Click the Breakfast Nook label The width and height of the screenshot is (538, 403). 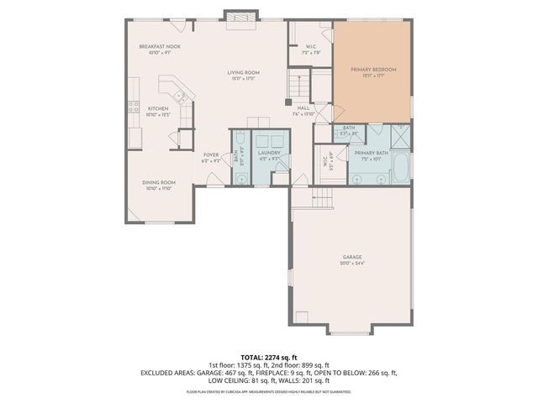coord(160,46)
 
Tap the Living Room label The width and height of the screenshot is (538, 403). coord(243,73)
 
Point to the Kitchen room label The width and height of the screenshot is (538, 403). coord(159,108)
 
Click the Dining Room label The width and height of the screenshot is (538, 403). coord(159,182)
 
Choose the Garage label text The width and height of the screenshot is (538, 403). coord(352,257)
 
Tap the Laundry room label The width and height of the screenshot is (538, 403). coord(269,153)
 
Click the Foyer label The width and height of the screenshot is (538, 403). coord(211,154)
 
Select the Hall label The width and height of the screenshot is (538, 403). coord(303,108)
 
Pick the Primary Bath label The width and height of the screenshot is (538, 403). coord(370,152)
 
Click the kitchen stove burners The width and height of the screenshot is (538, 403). coord(133,107)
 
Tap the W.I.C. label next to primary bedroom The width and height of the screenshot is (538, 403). coord(311,48)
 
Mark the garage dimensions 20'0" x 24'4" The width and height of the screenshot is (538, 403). coord(352,264)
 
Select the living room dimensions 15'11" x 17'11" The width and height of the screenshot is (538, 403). coord(243,80)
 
